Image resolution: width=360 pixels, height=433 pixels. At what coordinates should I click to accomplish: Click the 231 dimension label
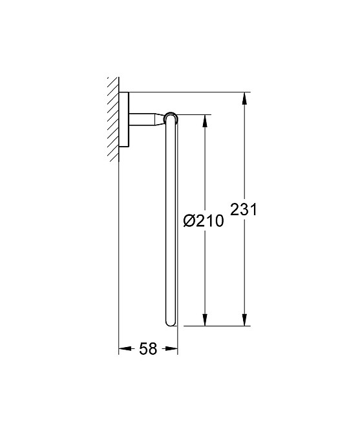(x=244, y=209)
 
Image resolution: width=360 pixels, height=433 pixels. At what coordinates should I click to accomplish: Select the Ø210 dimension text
(x=203, y=221)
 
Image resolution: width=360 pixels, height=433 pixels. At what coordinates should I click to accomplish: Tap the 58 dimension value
(x=148, y=349)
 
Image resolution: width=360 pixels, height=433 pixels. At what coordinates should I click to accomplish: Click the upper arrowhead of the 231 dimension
(x=244, y=99)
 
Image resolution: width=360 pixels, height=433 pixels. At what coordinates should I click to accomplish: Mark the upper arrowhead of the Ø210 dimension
(x=205, y=121)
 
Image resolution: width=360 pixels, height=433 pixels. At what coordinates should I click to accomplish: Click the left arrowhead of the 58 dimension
(x=123, y=349)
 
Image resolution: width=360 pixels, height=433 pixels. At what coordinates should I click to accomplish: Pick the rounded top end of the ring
(x=171, y=117)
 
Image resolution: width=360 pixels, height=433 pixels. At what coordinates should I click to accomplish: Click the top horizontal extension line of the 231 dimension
(x=187, y=92)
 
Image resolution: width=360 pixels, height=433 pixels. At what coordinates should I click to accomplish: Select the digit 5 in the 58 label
(x=143, y=349)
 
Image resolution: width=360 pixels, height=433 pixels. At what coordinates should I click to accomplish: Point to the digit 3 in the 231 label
(x=244, y=209)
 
